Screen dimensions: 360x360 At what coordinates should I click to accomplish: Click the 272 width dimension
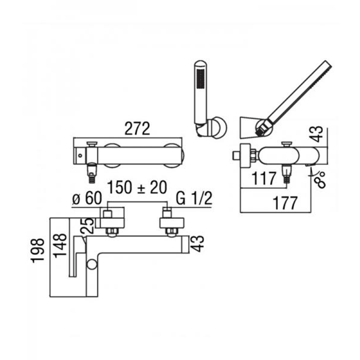click(x=137, y=129)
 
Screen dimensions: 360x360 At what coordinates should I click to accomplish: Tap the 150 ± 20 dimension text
click(x=137, y=187)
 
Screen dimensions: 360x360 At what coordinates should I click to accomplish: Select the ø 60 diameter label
click(x=87, y=198)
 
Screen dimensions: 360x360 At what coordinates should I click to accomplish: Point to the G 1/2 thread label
click(x=194, y=199)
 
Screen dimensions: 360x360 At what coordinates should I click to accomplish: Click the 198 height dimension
click(x=38, y=250)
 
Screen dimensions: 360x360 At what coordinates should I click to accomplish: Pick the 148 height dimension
click(x=60, y=246)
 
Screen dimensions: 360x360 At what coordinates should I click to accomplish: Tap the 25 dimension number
click(x=87, y=226)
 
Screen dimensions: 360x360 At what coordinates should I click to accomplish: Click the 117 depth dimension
click(x=264, y=178)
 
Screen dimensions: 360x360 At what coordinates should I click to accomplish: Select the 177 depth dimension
click(x=285, y=203)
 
